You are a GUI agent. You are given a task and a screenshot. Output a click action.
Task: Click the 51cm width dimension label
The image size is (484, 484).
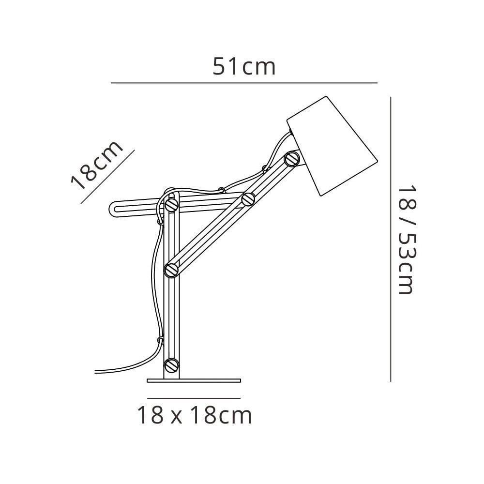tap(244, 67)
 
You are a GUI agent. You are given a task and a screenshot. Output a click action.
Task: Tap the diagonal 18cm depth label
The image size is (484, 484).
tap(97, 165)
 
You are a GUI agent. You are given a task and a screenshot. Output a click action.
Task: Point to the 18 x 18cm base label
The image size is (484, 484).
tap(195, 415)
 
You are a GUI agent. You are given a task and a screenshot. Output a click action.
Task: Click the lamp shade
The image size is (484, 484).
tap(332, 146)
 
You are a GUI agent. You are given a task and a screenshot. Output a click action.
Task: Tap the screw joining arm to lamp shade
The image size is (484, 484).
tap(292, 159)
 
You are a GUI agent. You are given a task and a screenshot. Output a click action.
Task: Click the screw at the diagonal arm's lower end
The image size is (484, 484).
tap(172, 270)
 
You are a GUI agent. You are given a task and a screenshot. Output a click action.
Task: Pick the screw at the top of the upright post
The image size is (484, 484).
tap(172, 204)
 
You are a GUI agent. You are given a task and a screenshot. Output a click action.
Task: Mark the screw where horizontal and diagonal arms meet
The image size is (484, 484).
tap(248, 199)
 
